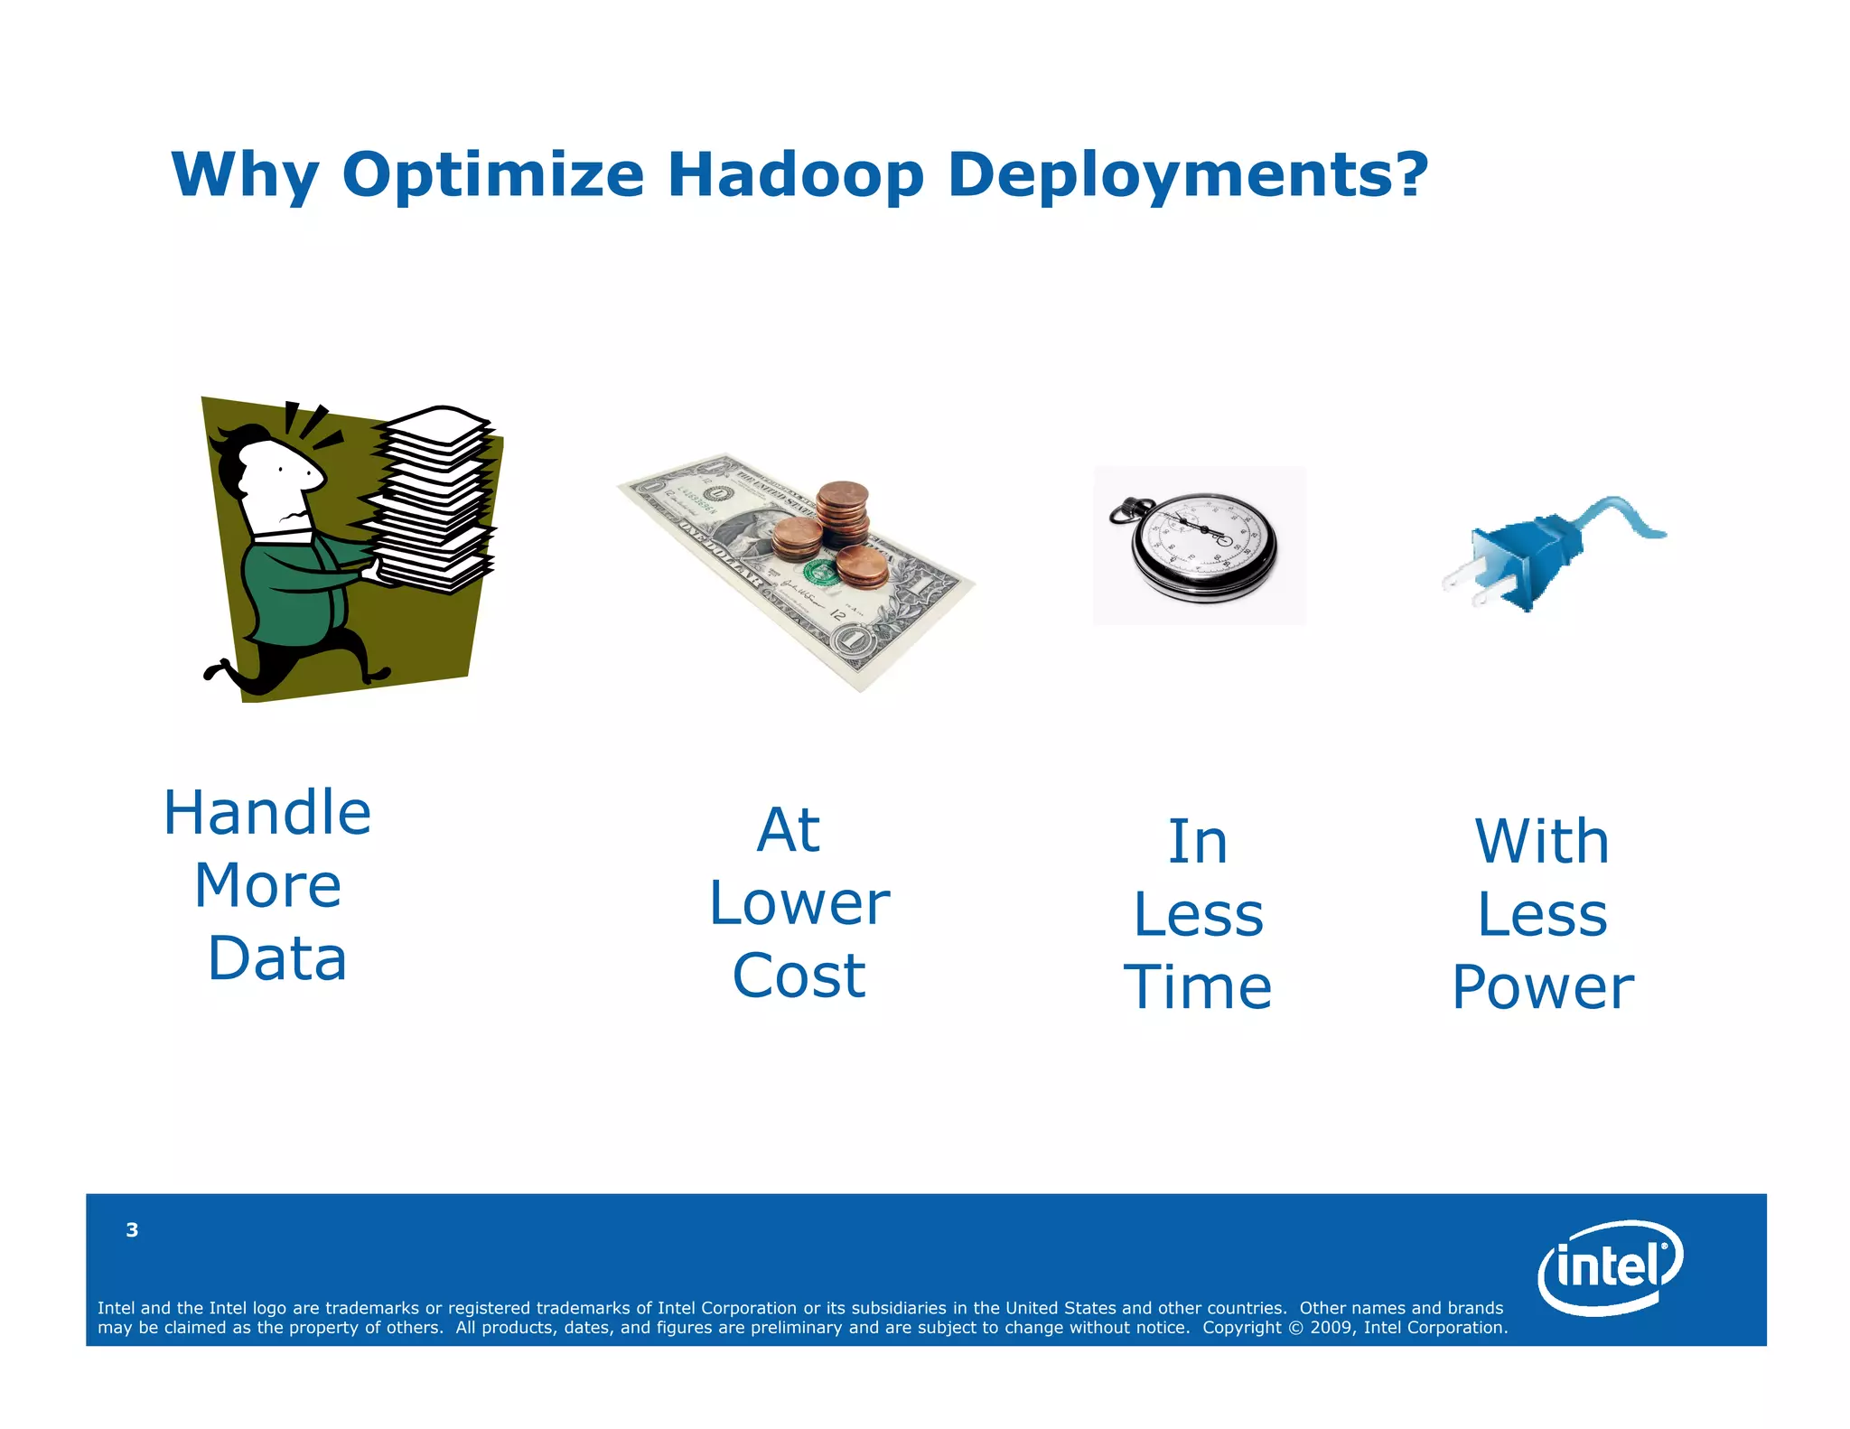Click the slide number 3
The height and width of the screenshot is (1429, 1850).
click(132, 1229)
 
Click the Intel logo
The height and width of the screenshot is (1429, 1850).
click(1610, 1266)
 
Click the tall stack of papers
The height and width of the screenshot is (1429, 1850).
click(434, 501)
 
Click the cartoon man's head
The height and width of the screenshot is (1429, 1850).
click(276, 474)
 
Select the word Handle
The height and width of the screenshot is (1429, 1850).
click(267, 813)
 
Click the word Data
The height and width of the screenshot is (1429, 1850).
click(277, 958)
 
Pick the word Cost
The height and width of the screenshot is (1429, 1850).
click(799, 976)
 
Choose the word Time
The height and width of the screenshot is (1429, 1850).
click(1198, 987)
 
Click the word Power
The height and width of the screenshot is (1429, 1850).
click(1543, 987)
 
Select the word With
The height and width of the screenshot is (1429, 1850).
click(1542, 842)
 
